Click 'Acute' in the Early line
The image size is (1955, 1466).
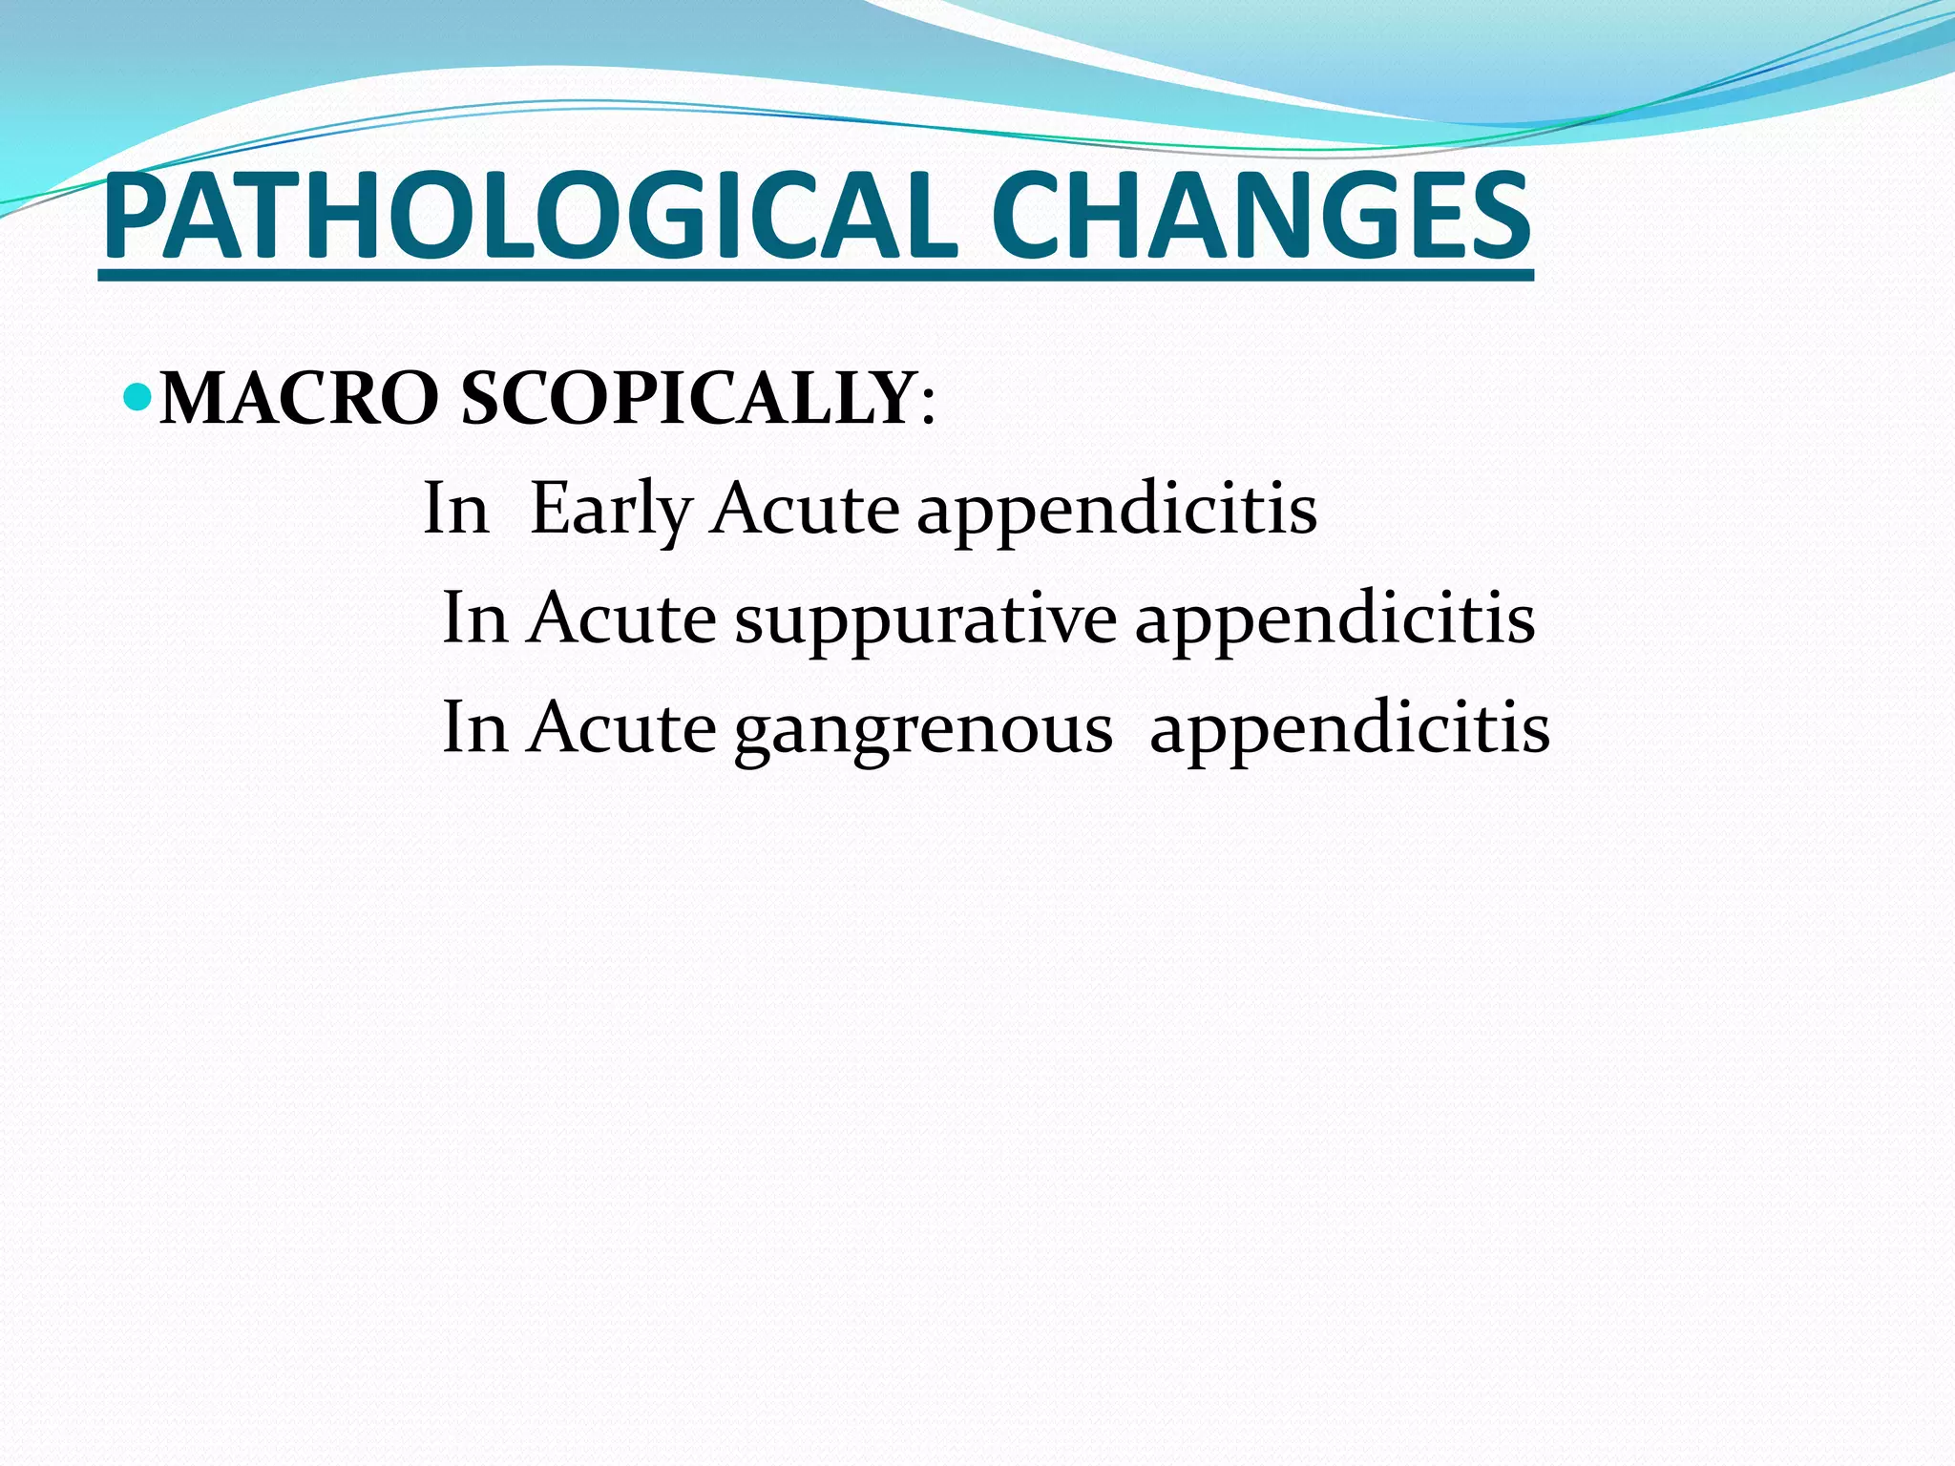[804, 509]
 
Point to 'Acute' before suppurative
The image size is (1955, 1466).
[621, 619]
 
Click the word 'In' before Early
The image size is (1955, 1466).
[455, 509]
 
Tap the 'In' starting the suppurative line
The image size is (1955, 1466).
[474, 619]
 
